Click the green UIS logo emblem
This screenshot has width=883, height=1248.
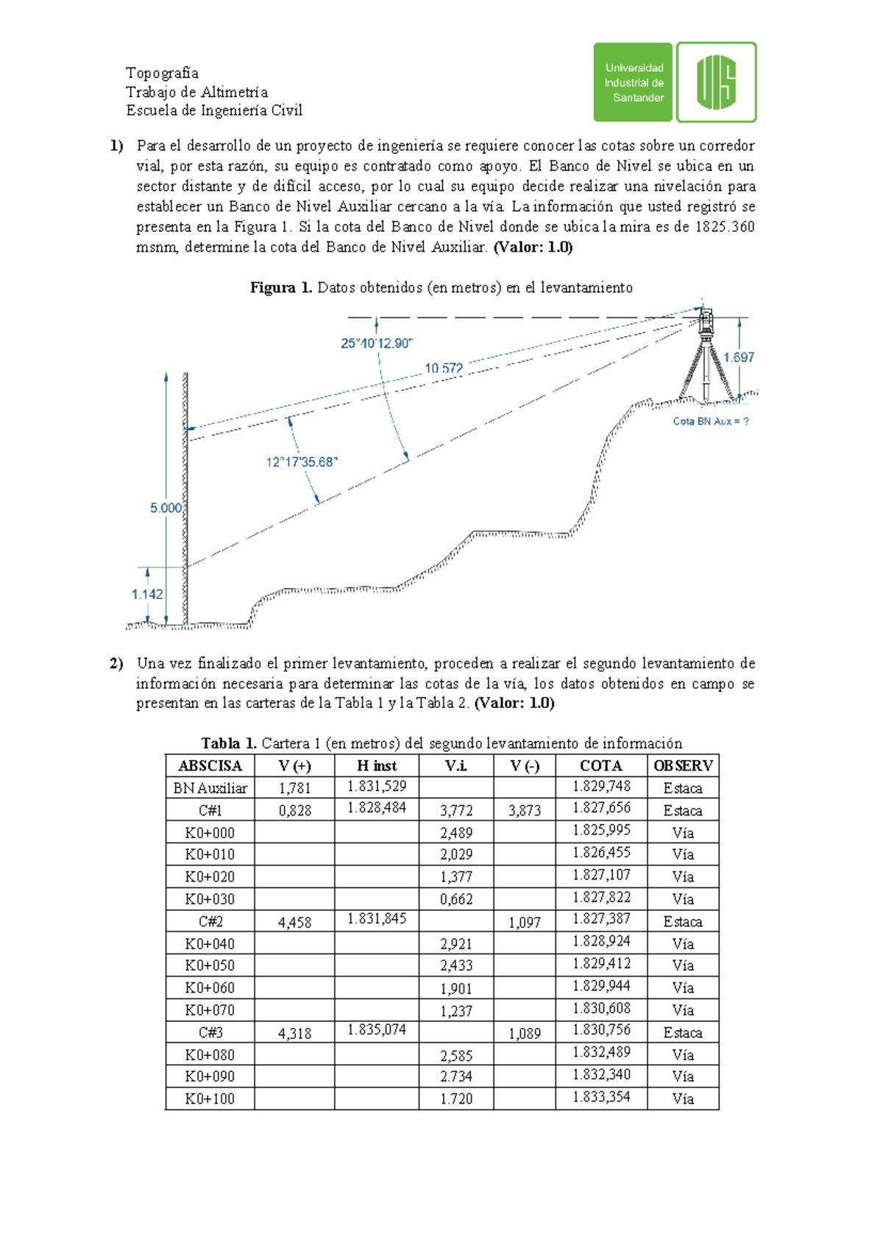coord(716,82)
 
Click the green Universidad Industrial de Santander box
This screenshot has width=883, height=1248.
coord(633,82)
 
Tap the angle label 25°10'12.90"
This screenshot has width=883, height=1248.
coord(377,343)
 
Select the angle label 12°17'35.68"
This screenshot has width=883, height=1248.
coord(302,462)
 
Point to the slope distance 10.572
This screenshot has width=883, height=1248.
coord(444,368)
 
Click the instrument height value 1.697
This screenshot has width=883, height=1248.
coord(738,357)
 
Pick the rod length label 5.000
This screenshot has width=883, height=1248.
coord(166,508)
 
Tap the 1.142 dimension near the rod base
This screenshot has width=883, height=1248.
coord(147,594)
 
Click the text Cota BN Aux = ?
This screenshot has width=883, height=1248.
coord(711,422)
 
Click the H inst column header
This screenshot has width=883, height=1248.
coord(377,765)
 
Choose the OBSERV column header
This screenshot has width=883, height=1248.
coord(683,765)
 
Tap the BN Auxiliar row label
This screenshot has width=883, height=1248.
coord(210,788)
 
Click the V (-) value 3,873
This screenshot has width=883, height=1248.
coord(525,810)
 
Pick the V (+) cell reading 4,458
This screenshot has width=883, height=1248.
coord(294,922)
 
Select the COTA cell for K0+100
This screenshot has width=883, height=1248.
coord(601,1097)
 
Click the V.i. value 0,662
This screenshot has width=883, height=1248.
coord(456,899)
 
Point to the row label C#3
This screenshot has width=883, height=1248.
coord(210,1032)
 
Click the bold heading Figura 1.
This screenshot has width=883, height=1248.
coord(281,288)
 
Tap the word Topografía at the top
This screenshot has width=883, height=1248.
coord(162,72)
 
